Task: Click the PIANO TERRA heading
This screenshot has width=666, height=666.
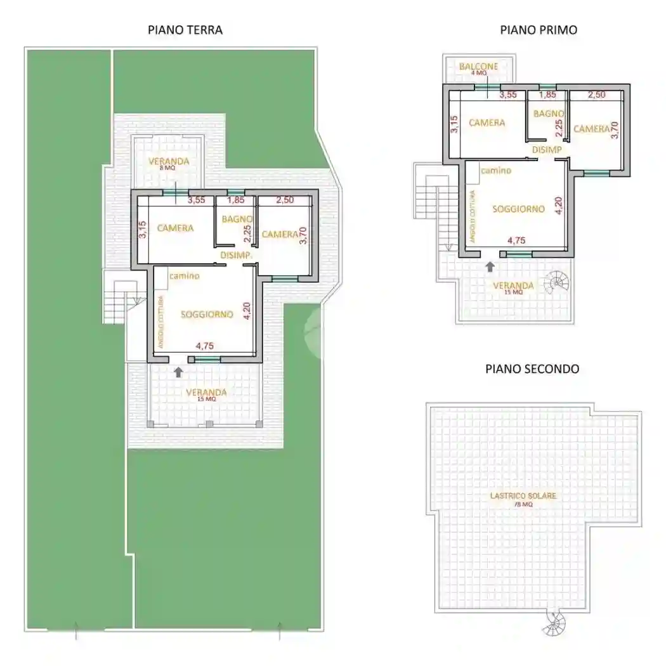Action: pyautogui.click(x=185, y=29)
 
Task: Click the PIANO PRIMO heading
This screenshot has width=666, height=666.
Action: pyautogui.click(x=538, y=29)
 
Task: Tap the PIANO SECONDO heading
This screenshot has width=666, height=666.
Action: pyautogui.click(x=532, y=369)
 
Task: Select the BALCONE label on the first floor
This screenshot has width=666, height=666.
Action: pyautogui.click(x=479, y=66)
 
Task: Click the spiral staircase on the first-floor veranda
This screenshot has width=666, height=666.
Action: pyautogui.click(x=559, y=281)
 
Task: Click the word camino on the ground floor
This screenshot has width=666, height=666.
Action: pyautogui.click(x=185, y=275)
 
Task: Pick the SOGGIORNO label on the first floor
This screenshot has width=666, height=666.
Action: pyautogui.click(x=518, y=208)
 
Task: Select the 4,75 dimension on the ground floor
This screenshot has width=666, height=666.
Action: pyautogui.click(x=206, y=346)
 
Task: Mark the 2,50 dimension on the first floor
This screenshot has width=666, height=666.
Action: pyautogui.click(x=597, y=95)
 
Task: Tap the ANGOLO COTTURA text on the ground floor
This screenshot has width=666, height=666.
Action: pyautogui.click(x=161, y=322)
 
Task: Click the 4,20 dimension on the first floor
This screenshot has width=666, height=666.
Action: pyautogui.click(x=559, y=206)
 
